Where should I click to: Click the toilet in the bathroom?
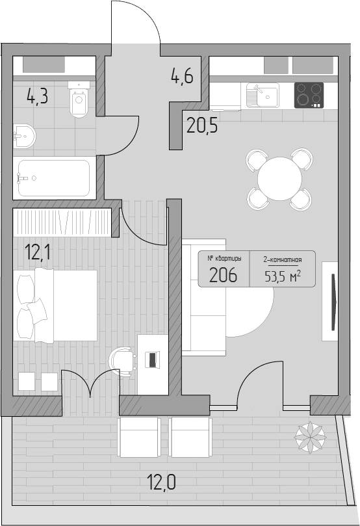[x=79, y=99]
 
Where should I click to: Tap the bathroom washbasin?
[x=24, y=136]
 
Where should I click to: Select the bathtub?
[x=54, y=178]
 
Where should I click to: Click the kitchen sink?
[x=263, y=96]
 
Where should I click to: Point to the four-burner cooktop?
[x=309, y=96]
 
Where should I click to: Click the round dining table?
[x=279, y=179]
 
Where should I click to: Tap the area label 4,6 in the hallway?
[x=182, y=76]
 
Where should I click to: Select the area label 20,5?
[x=202, y=125]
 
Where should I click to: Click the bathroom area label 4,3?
[x=38, y=96]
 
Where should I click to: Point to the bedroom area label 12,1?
[x=38, y=252]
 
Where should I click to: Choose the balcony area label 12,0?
[x=162, y=482]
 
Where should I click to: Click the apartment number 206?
[x=224, y=276]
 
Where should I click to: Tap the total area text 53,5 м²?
[x=282, y=276]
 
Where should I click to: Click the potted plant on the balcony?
[x=310, y=436]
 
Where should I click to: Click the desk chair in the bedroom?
[x=123, y=362]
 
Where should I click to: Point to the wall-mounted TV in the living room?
[x=333, y=302]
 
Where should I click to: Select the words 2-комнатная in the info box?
[x=283, y=259]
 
